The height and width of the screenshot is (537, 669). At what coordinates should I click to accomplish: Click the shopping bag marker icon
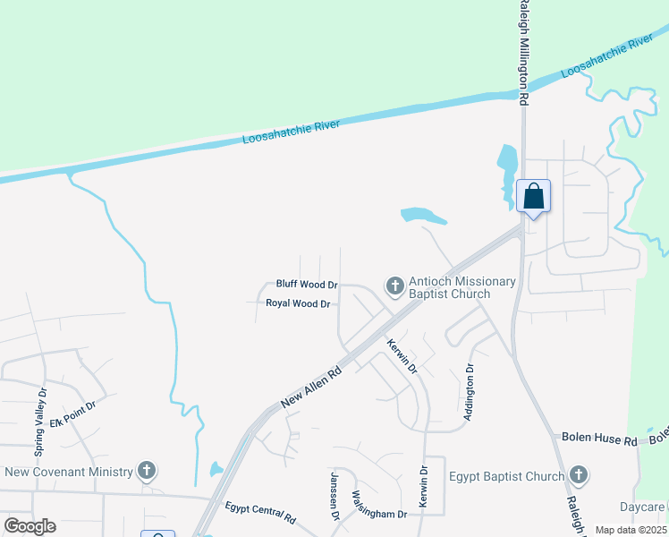pos(533,196)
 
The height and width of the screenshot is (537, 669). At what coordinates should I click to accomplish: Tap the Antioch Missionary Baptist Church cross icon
pos(394,286)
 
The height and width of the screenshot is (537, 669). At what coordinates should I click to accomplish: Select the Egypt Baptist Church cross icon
pos(578,476)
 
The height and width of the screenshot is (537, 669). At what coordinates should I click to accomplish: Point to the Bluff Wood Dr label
pos(307,285)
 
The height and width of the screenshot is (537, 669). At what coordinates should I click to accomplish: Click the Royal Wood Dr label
pos(298,303)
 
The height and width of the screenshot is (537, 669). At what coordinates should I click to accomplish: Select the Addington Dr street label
pos(467,392)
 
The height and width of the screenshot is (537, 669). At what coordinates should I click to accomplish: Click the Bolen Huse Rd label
pos(598,439)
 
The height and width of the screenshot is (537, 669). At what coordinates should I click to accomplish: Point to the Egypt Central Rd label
pos(260,512)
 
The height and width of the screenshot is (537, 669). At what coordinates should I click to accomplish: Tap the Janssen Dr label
pos(335,495)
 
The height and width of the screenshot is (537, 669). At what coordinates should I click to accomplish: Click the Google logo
pos(30,526)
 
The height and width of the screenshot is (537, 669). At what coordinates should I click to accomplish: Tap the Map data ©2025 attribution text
pos(631,530)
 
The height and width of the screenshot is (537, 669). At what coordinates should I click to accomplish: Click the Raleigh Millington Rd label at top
pos(525,49)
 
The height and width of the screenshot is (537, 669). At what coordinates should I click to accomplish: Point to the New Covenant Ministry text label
pos(69,472)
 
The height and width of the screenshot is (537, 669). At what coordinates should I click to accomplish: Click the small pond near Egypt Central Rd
pos(216,469)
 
